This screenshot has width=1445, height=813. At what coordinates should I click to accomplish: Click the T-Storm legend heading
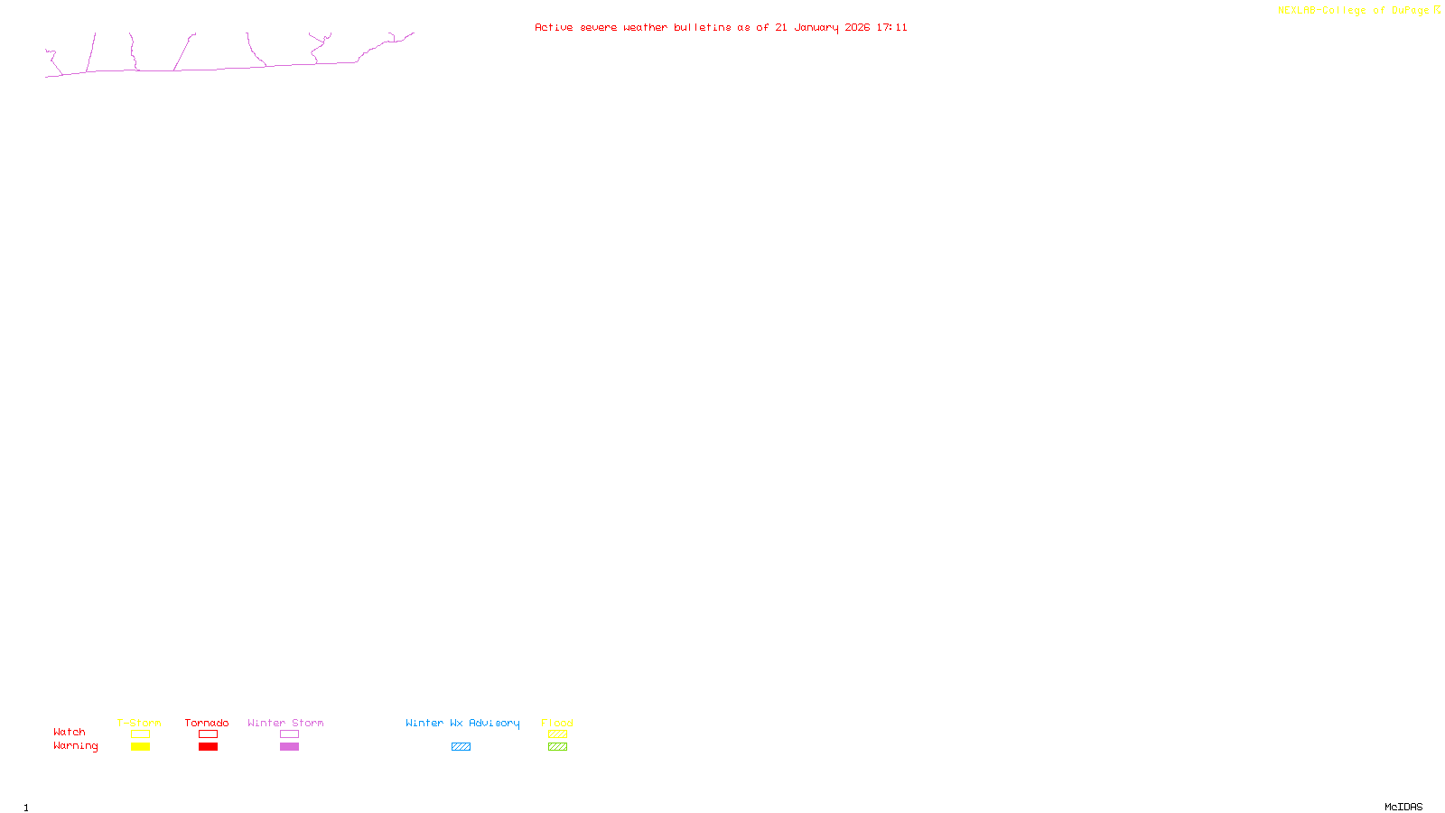coord(139,723)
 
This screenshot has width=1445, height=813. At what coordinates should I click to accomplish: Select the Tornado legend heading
coord(207,723)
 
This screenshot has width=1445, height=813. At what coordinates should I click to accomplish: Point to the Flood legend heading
coord(557,723)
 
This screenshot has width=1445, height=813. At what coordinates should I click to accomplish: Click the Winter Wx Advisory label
coord(462,723)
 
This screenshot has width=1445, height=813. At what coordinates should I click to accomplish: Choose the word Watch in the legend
coord(70,732)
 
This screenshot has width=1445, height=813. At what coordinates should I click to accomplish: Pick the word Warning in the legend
coord(75,746)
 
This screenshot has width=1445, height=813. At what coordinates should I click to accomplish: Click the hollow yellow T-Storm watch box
coord(140,734)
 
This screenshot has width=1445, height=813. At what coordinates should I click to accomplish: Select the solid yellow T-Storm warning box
coord(140,747)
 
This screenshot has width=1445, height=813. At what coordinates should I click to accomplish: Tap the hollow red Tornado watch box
coord(208,734)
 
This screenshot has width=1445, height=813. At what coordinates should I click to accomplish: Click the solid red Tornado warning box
coord(208,747)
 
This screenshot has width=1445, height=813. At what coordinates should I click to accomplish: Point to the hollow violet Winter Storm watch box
coord(289,734)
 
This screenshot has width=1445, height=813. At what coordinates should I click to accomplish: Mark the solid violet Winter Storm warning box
coord(289,747)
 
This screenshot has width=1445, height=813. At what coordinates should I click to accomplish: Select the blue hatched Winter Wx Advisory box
coord(461,747)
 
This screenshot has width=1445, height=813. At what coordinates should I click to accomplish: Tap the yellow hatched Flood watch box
coord(557,734)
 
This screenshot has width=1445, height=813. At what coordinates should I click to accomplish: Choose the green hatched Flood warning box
coord(557,747)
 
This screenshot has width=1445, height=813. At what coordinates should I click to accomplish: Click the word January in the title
coord(816,27)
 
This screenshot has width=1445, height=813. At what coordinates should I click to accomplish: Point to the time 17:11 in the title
coord(891,27)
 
